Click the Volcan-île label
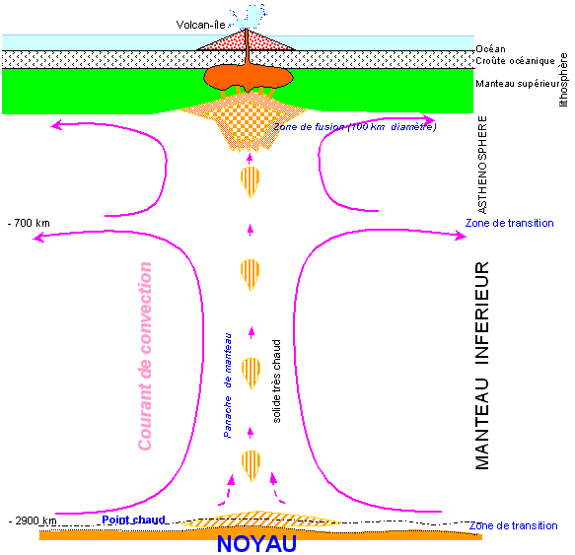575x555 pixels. coord(200,25)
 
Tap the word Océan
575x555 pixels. coord(490,48)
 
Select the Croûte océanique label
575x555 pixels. coord(515,61)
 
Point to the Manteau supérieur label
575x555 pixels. coord(518,84)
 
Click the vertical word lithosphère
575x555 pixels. coord(563,80)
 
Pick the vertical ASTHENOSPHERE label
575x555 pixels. coord(482,165)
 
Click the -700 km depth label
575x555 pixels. coord(29,223)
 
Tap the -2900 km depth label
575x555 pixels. coord(33,520)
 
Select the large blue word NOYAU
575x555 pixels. coord(256,543)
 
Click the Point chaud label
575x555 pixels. coord(133,520)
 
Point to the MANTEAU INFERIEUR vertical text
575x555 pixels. coord(482,366)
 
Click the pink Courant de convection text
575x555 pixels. coord(145,356)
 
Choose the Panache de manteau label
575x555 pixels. coord(228,385)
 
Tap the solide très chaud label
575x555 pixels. coord(276,382)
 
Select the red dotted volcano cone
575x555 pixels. coord(246,40)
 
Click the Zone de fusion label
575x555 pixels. coord(355,127)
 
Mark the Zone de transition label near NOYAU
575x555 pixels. coord(514,525)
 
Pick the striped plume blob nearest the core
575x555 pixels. coord(251,465)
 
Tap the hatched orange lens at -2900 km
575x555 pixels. coord(261,520)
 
